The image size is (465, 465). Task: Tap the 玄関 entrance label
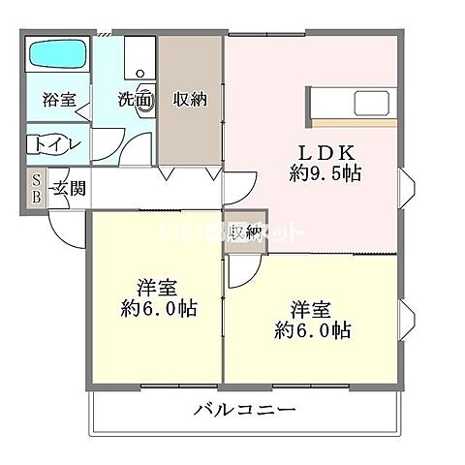(x=69, y=188)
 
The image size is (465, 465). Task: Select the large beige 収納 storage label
(x=189, y=99)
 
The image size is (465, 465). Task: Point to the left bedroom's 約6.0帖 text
(x=159, y=309)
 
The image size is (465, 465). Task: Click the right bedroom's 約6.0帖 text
(x=312, y=331)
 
